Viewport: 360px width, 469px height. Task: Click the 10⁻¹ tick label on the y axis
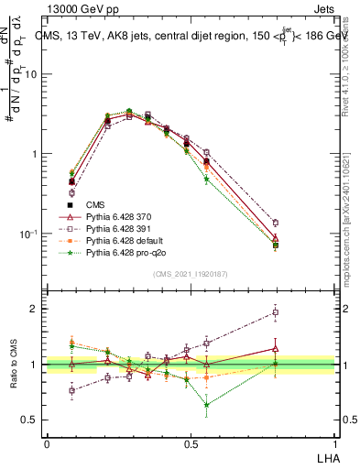coord(27,234)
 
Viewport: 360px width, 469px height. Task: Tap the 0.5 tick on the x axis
coord(191,443)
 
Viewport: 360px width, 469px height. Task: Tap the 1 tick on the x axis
coord(333,443)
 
